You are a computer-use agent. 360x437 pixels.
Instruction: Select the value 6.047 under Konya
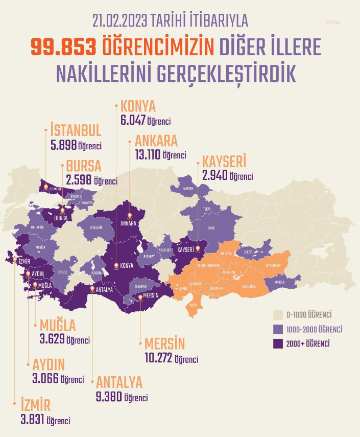(133, 121)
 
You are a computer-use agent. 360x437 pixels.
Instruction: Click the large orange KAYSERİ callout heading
(224, 162)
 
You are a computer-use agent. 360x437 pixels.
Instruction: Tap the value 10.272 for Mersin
(156, 358)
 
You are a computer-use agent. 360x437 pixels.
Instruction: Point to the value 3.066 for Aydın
(45, 379)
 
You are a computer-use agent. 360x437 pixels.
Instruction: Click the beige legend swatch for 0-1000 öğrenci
(278, 314)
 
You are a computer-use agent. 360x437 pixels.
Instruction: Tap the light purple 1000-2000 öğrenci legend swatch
(278, 329)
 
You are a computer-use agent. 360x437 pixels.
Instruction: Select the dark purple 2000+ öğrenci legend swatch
(278, 343)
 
